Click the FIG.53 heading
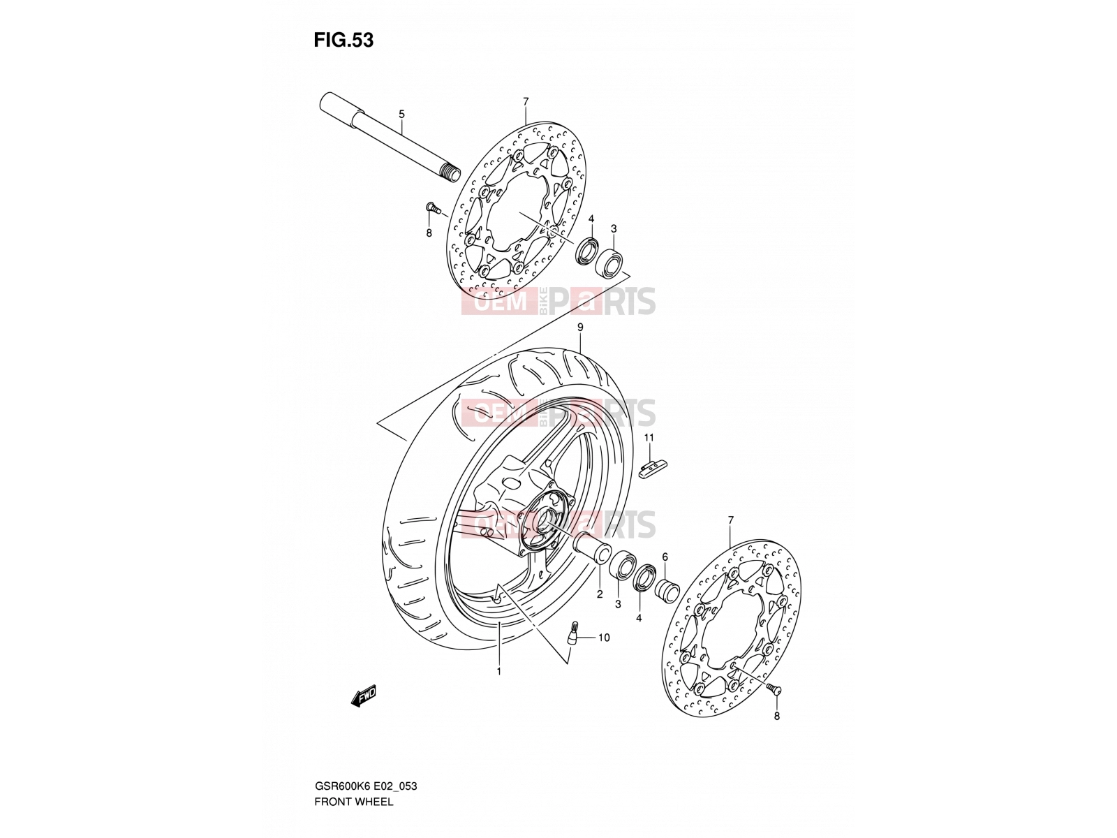click(343, 41)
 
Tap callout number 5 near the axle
click(401, 114)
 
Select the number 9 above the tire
click(580, 327)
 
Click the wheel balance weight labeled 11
click(652, 468)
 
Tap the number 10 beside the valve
click(604, 638)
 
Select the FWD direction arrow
click(363, 695)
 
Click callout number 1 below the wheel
click(498, 672)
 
